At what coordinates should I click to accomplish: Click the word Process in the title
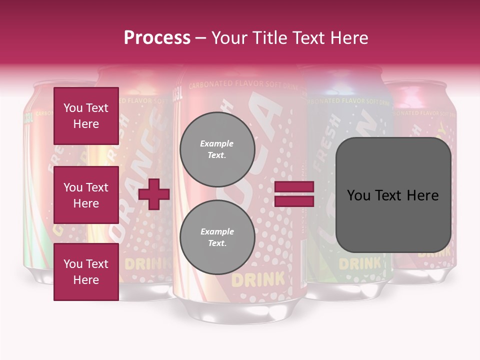pos(157,37)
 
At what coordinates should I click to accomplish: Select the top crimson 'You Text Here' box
pos(86,116)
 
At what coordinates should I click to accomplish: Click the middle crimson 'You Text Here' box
pos(86,195)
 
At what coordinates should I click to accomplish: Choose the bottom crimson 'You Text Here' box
pos(86,272)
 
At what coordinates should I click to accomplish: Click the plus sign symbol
pos(154,194)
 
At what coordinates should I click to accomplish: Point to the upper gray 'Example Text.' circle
pos(217,149)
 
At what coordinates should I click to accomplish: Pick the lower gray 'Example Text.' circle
pos(217,237)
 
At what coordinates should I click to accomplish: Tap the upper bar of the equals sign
pos(294,187)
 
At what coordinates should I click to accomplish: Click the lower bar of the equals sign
pos(294,201)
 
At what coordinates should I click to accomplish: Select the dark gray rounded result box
pos(393,195)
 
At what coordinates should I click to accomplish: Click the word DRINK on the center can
pos(257,279)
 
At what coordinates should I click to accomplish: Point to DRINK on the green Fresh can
pos(359,263)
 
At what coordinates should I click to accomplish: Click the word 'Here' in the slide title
pos(350,37)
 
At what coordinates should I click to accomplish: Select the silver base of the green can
pos(350,290)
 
